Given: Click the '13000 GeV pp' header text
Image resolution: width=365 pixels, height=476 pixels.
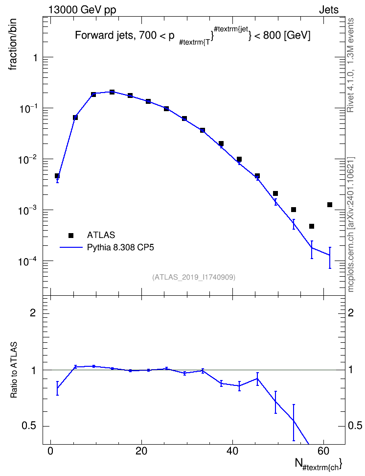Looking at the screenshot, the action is [x=82, y=10].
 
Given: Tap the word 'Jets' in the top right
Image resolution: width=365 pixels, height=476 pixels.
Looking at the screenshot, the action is [x=329, y=10].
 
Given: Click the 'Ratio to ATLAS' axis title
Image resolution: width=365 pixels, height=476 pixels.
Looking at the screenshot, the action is [x=14, y=370].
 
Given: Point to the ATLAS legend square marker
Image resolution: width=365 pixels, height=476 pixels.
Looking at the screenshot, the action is [x=71, y=235].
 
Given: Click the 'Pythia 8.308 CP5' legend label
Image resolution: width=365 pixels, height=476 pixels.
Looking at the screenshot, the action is [x=120, y=248].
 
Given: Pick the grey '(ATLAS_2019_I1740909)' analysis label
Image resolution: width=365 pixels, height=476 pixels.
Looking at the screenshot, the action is [x=194, y=277].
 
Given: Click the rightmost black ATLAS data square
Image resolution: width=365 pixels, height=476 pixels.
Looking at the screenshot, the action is [x=330, y=205].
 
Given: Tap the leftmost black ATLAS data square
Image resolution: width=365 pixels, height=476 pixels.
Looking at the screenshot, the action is [x=57, y=176].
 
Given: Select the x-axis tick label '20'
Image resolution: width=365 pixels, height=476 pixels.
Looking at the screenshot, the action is [x=141, y=451].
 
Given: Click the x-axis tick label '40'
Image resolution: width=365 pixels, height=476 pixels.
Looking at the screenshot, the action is [x=232, y=451].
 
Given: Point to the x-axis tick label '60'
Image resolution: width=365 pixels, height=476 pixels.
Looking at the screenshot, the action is [x=323, y=451].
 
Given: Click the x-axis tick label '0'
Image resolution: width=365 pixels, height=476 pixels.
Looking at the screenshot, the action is [x=51, y=451].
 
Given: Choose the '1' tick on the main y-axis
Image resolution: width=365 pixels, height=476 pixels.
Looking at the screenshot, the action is [x=36, y=57].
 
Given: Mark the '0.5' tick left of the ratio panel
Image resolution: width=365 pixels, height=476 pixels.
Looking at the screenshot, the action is [x=29, y=426].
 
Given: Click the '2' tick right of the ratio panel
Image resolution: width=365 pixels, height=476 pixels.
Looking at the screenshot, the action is [x=351, y=312].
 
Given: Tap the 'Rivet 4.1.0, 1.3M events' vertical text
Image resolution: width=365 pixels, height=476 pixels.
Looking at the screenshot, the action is [x=351, y=65].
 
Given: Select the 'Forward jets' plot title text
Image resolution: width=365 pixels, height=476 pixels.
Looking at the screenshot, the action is [x=104, y=36].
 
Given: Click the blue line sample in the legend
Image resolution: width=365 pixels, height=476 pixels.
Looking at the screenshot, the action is [x=71, y=248].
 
